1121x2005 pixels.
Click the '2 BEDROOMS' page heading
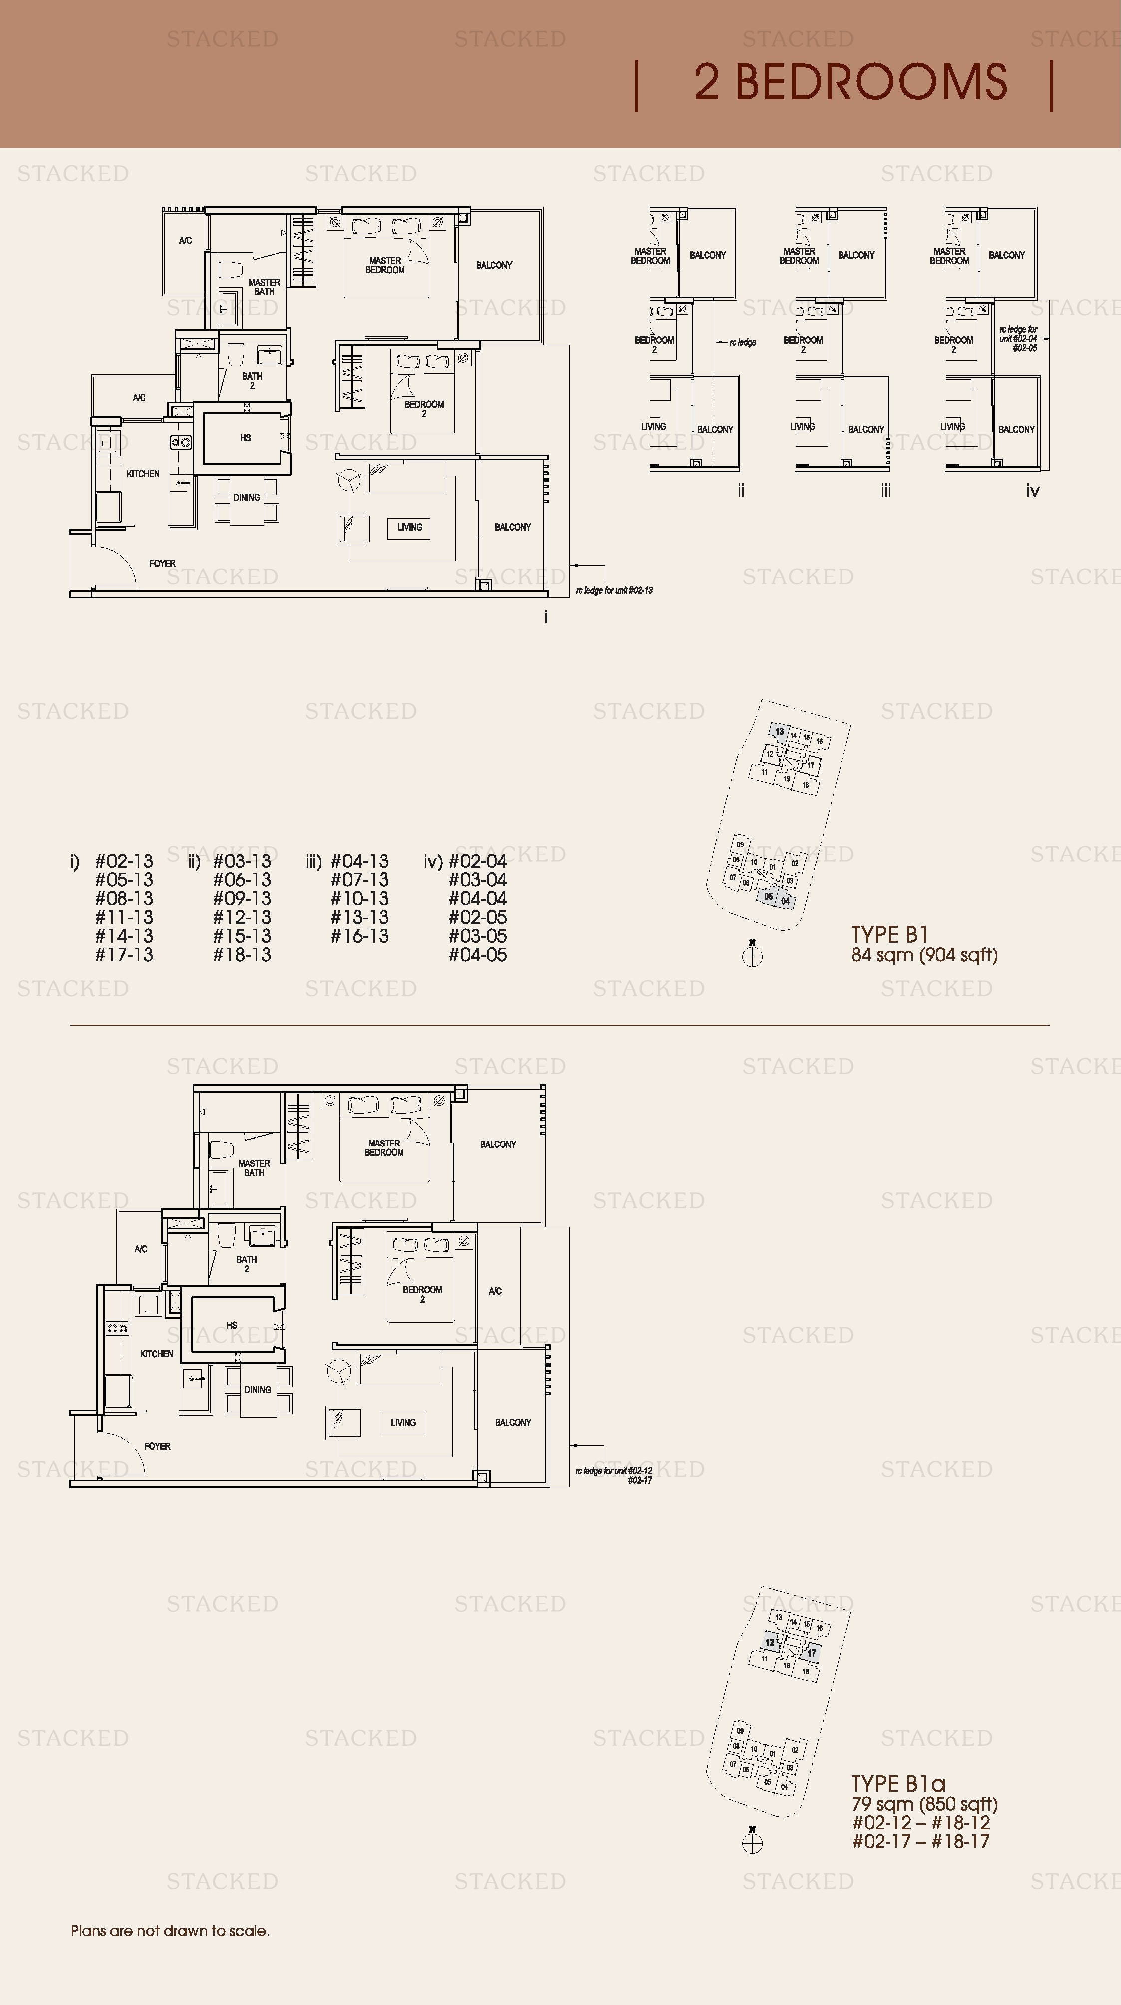click(850, 82)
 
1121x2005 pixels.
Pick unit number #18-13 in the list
click(242, 955)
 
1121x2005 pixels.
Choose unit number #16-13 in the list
click(360, 936)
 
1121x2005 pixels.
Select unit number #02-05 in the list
click(477, 918)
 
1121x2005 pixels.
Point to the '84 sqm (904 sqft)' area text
click(924, 955)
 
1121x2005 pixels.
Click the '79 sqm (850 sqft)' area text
click(924, 1804)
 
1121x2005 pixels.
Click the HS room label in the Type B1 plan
click(245, 438)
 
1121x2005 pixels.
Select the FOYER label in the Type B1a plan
click(157, 1446)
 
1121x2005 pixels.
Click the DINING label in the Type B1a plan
click(258, 1390)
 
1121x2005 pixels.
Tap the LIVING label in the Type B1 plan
click(409, 527)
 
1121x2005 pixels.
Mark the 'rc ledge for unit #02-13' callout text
click(614, 591)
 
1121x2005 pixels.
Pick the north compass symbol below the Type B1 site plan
click(752, 955)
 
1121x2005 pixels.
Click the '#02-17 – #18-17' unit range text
click(921, 1842)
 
